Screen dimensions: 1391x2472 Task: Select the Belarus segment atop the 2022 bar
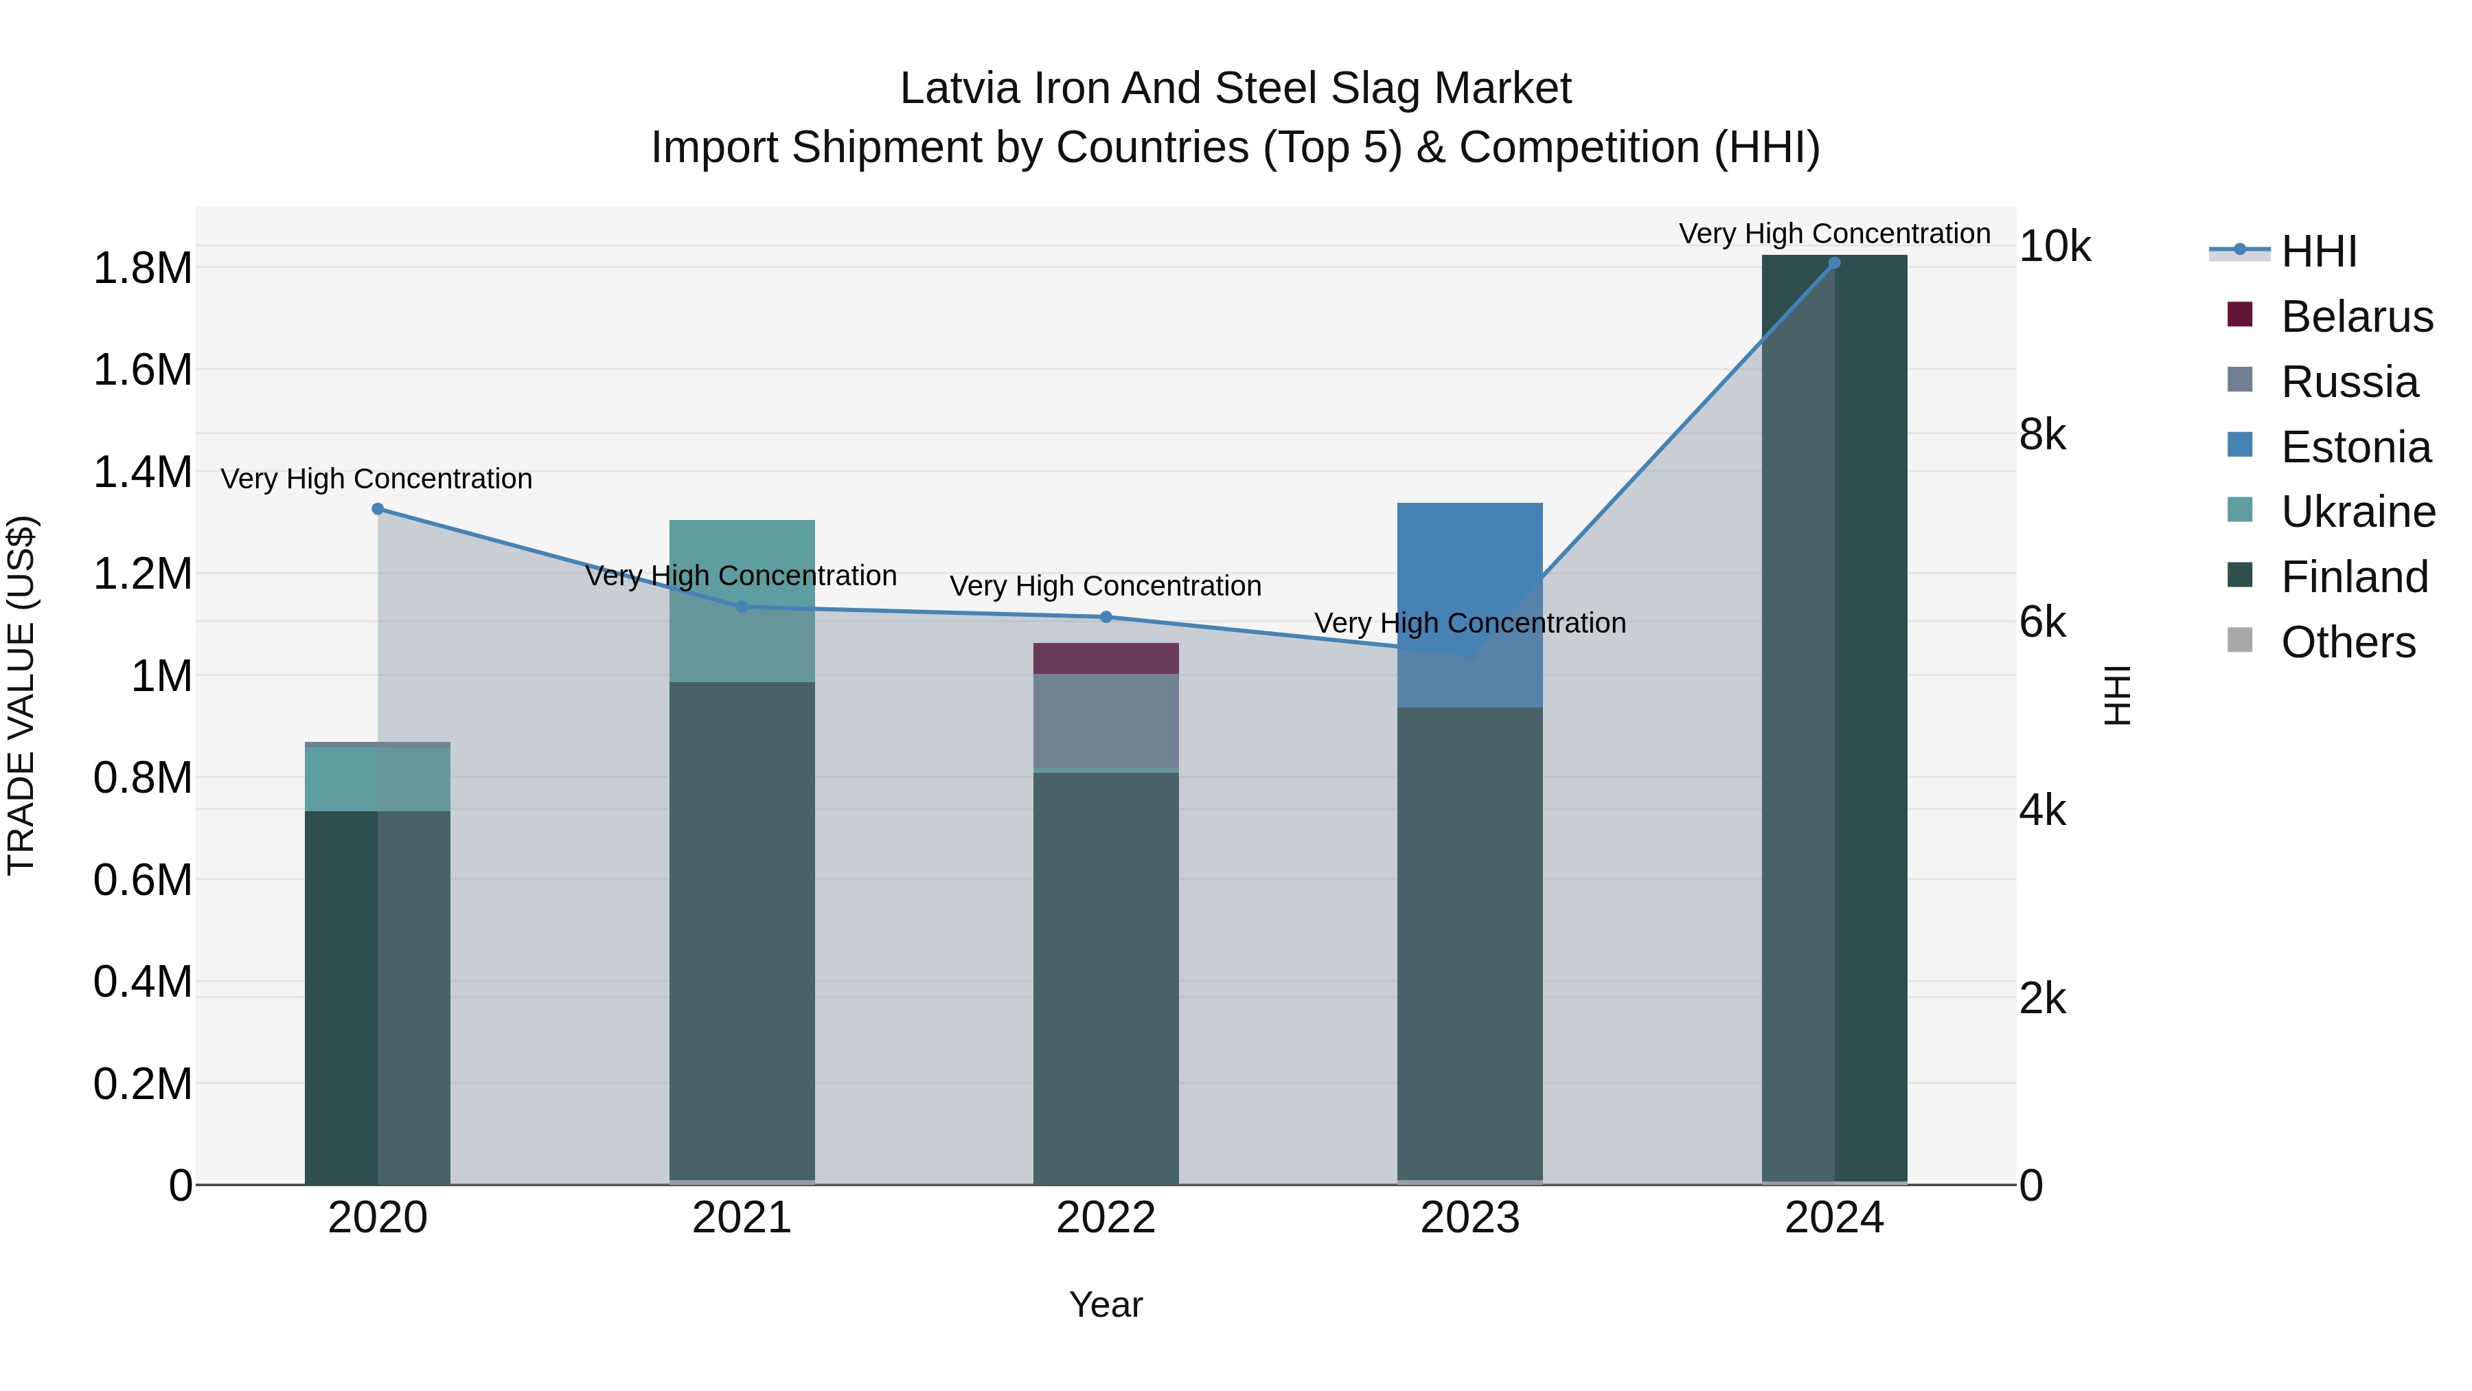pyautogui.click(x=1106, y=659)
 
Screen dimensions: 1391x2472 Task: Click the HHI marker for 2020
pyautogui.click(x=377, y=509)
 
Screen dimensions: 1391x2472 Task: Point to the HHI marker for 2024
pyautogui.click(x=1834, y=263)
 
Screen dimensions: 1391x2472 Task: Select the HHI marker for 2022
pyautogui.click(x=1106, y=618)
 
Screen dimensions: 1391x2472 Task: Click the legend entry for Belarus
pyautogui.click(x=2356, y=317)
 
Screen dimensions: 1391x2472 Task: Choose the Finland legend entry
pyautogui.click(x=2354, y=577)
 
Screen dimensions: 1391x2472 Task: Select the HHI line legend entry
pyautogui.click(x=2317, y=251)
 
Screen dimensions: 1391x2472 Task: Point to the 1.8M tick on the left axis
pyautogui.click(x=142, y=268)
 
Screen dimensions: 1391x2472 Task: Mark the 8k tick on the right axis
pyautogui.click(x=2042, y=435)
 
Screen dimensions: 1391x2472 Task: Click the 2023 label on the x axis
pyautogui.click(x=1469, y=1218)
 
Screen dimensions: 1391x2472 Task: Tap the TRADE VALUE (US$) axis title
pyautogui.click(x=21, y=695)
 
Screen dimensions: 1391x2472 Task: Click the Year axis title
pyautogui.click(x=1106, y=1304)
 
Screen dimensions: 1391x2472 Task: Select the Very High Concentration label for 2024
pyautogui.click(x=1834, y=234)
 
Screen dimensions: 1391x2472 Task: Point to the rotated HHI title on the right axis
pyautogui.click(x=2117, y=695)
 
